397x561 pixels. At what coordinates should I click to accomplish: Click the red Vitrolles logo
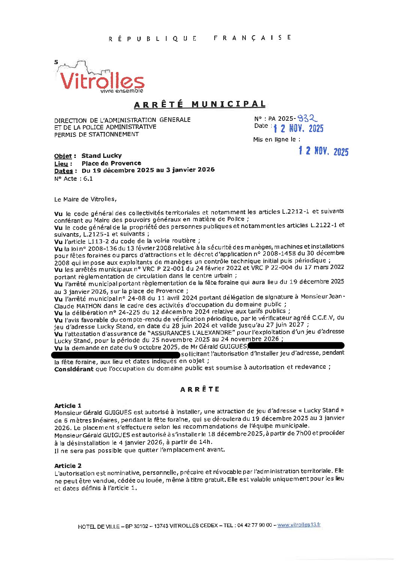point(101,81)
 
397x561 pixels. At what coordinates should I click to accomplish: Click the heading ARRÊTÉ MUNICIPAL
point(200,104)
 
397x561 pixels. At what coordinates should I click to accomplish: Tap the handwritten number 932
point(307,118)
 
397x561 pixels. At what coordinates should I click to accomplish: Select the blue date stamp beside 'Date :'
point(298,129)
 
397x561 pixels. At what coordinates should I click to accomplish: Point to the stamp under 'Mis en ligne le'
point(323,151)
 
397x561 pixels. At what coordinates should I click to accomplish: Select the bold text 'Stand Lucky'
point(101,156)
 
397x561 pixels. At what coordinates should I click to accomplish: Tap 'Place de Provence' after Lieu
point(111,163)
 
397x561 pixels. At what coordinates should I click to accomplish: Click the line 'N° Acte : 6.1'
point(74,179)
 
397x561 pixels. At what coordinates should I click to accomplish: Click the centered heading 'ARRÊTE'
point(200,389)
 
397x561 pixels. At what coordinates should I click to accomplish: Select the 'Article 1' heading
point(68,406)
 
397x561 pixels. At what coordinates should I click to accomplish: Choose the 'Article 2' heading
point(68,466)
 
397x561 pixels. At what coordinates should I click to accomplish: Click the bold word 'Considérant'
point(74,369)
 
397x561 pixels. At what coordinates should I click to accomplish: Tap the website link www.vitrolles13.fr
point(299,525)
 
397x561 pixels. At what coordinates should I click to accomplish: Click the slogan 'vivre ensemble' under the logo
point(122,91)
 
